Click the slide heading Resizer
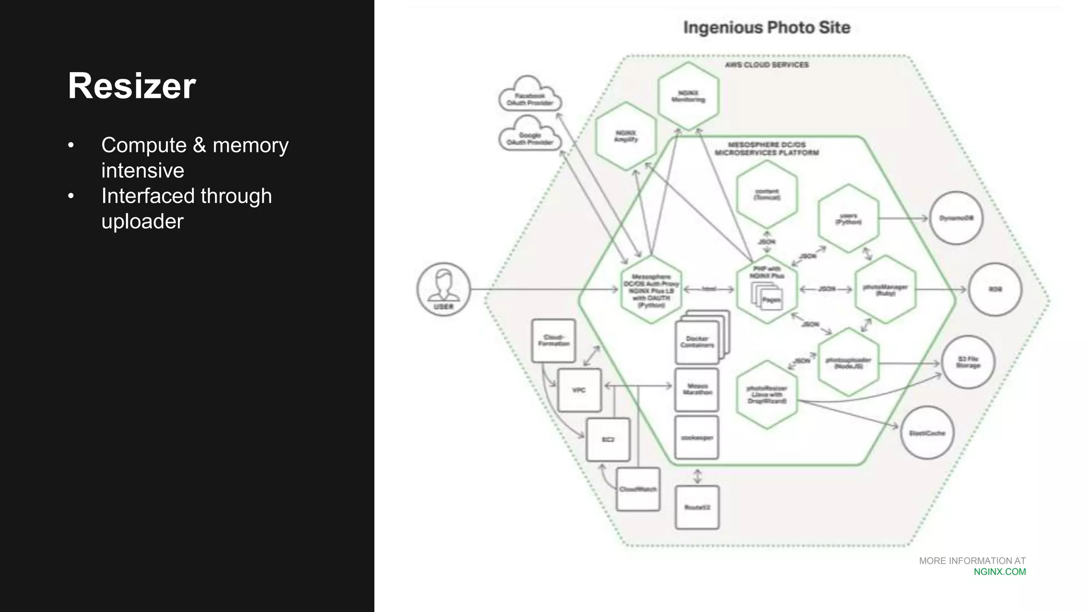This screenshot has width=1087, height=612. point(132,86)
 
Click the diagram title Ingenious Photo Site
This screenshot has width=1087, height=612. point(766,28)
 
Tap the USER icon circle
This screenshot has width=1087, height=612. point(444,289)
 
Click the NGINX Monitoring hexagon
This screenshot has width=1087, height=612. point(688,96)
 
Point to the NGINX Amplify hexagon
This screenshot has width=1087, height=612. point(626,137)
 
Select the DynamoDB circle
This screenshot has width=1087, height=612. point(956,218)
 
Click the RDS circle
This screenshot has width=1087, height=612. point(995,290)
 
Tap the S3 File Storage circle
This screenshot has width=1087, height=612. point(968,362)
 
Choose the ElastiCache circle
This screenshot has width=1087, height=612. point(927,433)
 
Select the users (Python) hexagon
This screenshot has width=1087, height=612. point(848,219)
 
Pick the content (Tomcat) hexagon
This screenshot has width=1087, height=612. point(766,194)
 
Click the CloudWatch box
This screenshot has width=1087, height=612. point(638,489)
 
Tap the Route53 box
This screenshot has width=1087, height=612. point(697,507)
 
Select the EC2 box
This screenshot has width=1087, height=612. point(608,440)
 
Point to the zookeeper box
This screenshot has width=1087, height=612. point(696,438)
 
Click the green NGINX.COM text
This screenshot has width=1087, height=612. point(999,572)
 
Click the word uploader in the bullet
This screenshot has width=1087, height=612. point(142,222)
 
